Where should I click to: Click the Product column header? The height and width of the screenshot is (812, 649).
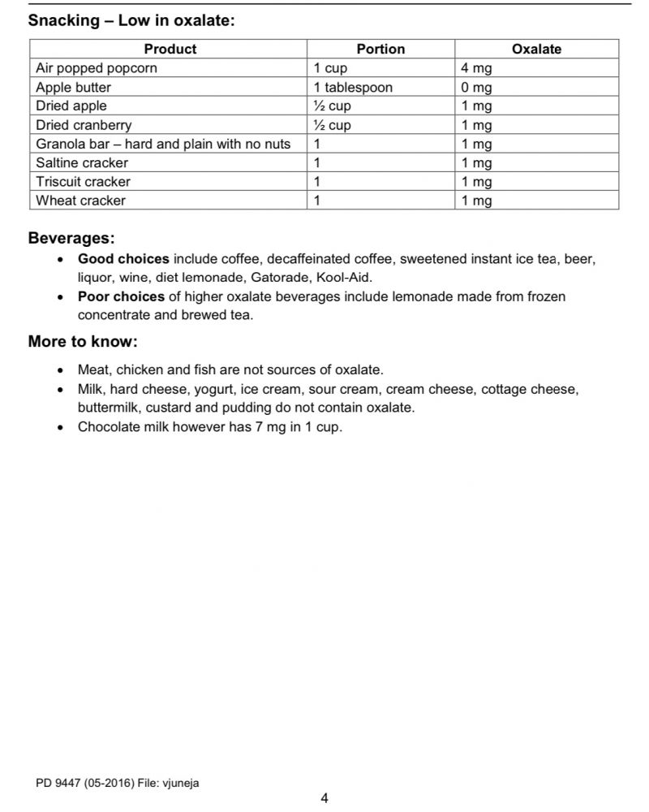[x=170, y=49]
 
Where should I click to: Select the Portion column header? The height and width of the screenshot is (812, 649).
[x=380, y=49]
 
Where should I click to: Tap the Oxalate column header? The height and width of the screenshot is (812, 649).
[x=536, y=49]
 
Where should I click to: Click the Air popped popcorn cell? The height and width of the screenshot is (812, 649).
[x=97, y=68]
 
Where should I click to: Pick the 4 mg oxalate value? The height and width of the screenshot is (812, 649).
[x=477, y=68]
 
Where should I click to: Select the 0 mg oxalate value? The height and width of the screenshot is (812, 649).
[x=477, y=87]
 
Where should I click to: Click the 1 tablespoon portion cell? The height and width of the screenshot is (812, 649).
[x=353, y=87]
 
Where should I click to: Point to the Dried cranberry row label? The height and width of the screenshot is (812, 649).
[x=84, y=125]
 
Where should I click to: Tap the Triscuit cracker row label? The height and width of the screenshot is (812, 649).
[x=83, y=182]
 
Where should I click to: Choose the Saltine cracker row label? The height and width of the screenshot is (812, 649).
[x=82, y=162]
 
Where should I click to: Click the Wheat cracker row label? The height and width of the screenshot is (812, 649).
[x=80, y=201]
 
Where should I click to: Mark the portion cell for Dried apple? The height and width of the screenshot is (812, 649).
[x=333, y=106]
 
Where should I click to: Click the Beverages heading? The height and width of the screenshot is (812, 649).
[x=71, y=239]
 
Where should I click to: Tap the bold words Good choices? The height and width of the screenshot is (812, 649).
[x=123, y=259]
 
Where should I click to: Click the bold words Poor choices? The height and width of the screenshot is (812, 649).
[x=121, y=296]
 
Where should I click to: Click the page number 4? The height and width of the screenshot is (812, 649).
[x=324, y=798]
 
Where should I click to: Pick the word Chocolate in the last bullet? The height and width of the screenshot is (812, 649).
[x=107, y=427]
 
